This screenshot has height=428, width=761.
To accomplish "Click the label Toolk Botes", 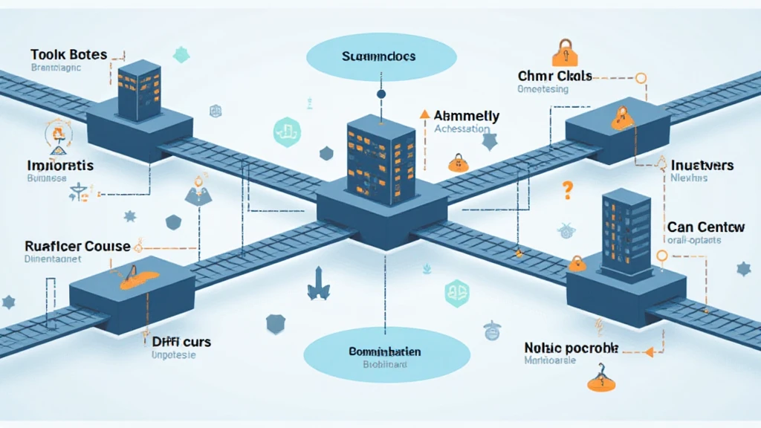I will click(x=69, y=55).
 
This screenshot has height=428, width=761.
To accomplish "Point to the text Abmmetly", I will click(x=466, y=116).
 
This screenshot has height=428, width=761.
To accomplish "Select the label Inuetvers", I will click(x=702, y=165).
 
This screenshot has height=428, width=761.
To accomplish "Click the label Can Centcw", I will click(x=704, y=226).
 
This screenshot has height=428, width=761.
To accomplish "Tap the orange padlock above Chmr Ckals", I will click(x=563, y=53).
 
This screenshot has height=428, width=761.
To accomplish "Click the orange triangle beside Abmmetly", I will click(x=424, y=114).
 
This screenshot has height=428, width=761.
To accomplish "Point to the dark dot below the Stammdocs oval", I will click(x=381, y=94).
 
